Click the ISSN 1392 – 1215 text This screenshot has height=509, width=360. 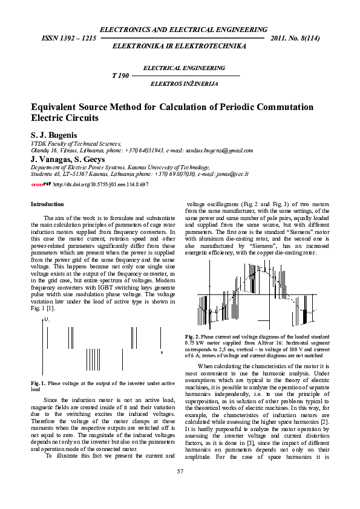click(x=68, y=38)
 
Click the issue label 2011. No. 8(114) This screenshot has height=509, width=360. click(x=296, y=38)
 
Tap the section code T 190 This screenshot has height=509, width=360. click(x=120, y=76)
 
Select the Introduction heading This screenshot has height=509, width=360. click(x=47, y=204)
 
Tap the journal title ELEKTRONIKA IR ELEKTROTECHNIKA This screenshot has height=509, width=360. click(x=183, y=46)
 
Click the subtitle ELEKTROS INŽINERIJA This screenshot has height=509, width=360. click(x=185, y=83)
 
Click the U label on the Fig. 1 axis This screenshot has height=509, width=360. click(x=47, y=319)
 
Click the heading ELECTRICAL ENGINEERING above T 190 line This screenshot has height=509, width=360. click(x=184, y=68)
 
